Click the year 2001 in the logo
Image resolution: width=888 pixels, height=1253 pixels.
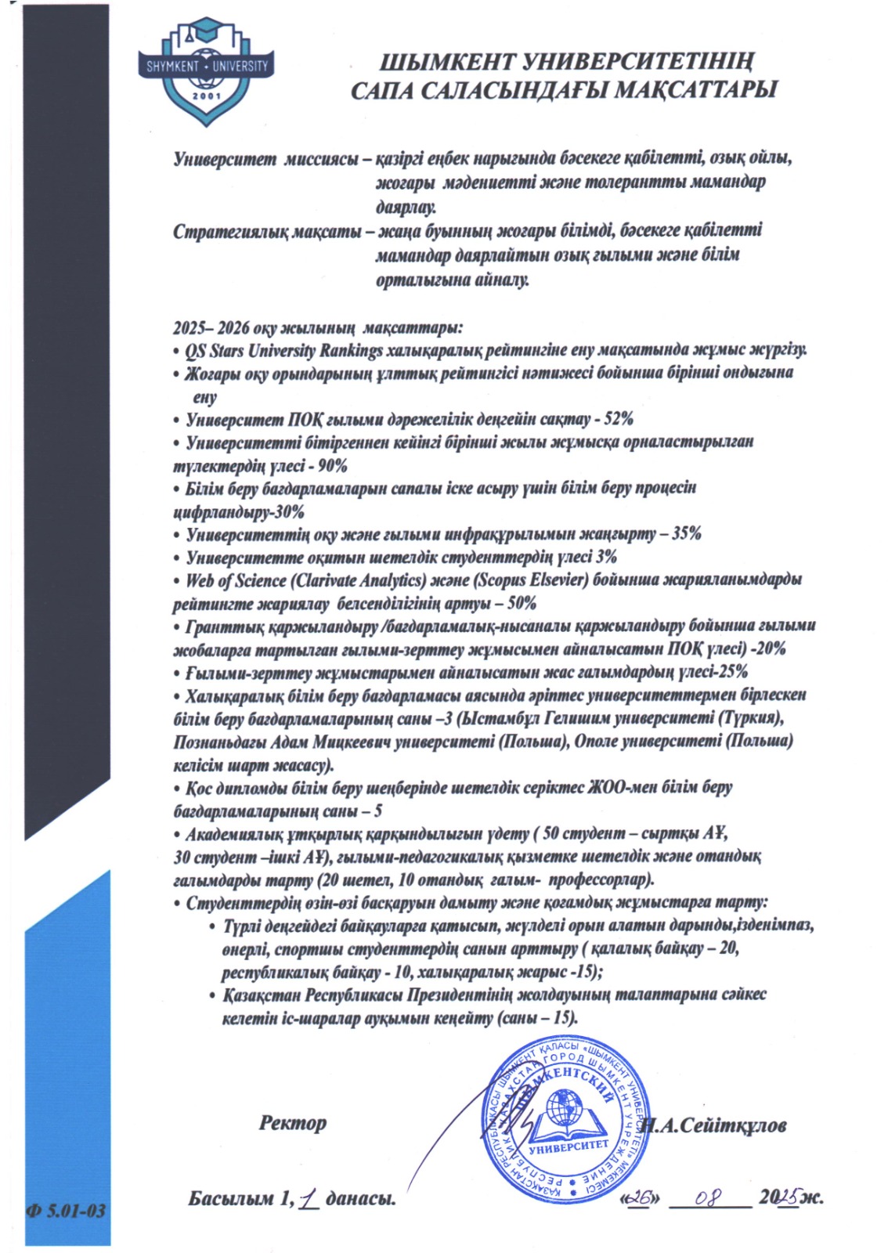point(207,96)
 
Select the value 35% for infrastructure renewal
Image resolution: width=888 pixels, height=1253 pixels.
point(686,534)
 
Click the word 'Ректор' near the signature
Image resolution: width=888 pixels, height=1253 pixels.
point(292,1123)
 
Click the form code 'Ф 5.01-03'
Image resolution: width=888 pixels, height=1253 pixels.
point(67,1211)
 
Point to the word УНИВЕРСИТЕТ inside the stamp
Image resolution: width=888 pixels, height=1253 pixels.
point(569,1147)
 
